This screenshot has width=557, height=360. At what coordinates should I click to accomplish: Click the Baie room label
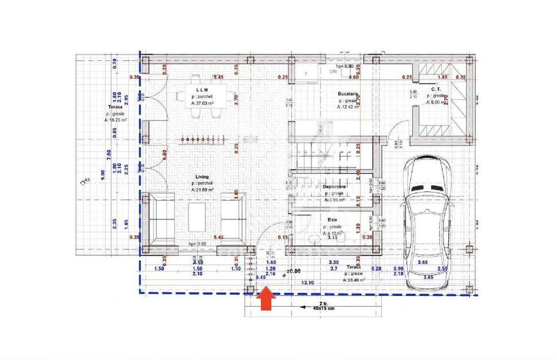point(333,219)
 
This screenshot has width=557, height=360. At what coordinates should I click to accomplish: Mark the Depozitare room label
point(335,186)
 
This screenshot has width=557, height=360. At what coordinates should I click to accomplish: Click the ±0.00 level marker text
point(294,271)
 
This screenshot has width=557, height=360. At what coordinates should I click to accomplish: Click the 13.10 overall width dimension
point(308,281)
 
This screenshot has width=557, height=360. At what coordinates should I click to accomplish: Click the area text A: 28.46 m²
point(354,279)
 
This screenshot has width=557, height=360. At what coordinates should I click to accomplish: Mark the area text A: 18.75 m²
point(116,120)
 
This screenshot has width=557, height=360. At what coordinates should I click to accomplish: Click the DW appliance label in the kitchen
point(333,72)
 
